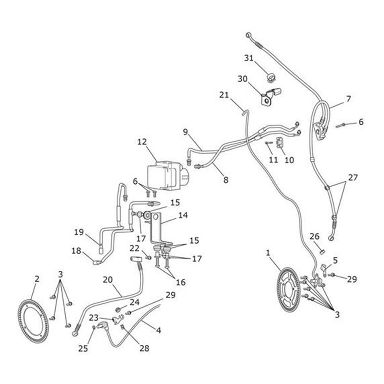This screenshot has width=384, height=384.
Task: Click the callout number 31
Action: click(x=249, y=58)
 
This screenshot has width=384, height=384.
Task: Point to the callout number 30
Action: click(x=243, y=79)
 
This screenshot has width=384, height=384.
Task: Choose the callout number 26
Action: click(x=314, y=237)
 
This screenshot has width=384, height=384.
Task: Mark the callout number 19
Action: click(x=78, y=232)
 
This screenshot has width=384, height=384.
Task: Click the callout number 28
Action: click(x=144, y=348)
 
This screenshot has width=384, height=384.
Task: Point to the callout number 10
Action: click(x=289, y=160)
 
